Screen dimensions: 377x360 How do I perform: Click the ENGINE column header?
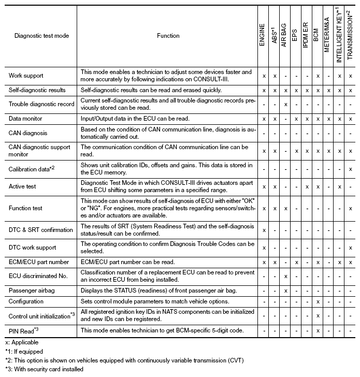pos(264,37)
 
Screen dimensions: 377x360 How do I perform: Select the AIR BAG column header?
pos(285,36)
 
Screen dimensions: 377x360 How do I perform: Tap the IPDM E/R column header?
pos(307,36)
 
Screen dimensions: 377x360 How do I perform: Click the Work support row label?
pos(26,76)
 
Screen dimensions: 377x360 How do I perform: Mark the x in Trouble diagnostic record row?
pos(285,104)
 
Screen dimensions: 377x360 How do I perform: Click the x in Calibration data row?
pos(350,169)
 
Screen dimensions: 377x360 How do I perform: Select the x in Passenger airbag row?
pos(285,291)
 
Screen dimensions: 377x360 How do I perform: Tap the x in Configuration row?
pos(318,301)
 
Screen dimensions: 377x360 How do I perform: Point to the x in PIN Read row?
pos(318,330)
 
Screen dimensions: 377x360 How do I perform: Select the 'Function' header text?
pos(168,36)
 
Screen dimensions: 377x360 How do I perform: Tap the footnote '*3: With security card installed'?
pos(49,370)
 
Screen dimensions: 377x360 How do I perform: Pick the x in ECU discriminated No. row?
pos(285,276)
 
